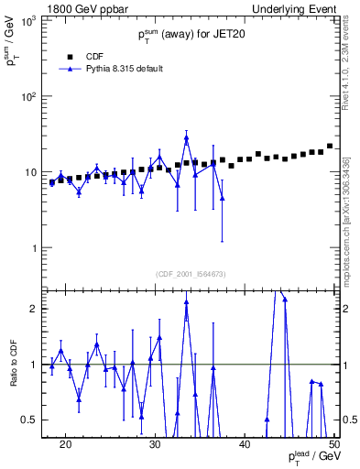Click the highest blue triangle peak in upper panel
[186, 139]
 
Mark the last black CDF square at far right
[330, 146]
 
